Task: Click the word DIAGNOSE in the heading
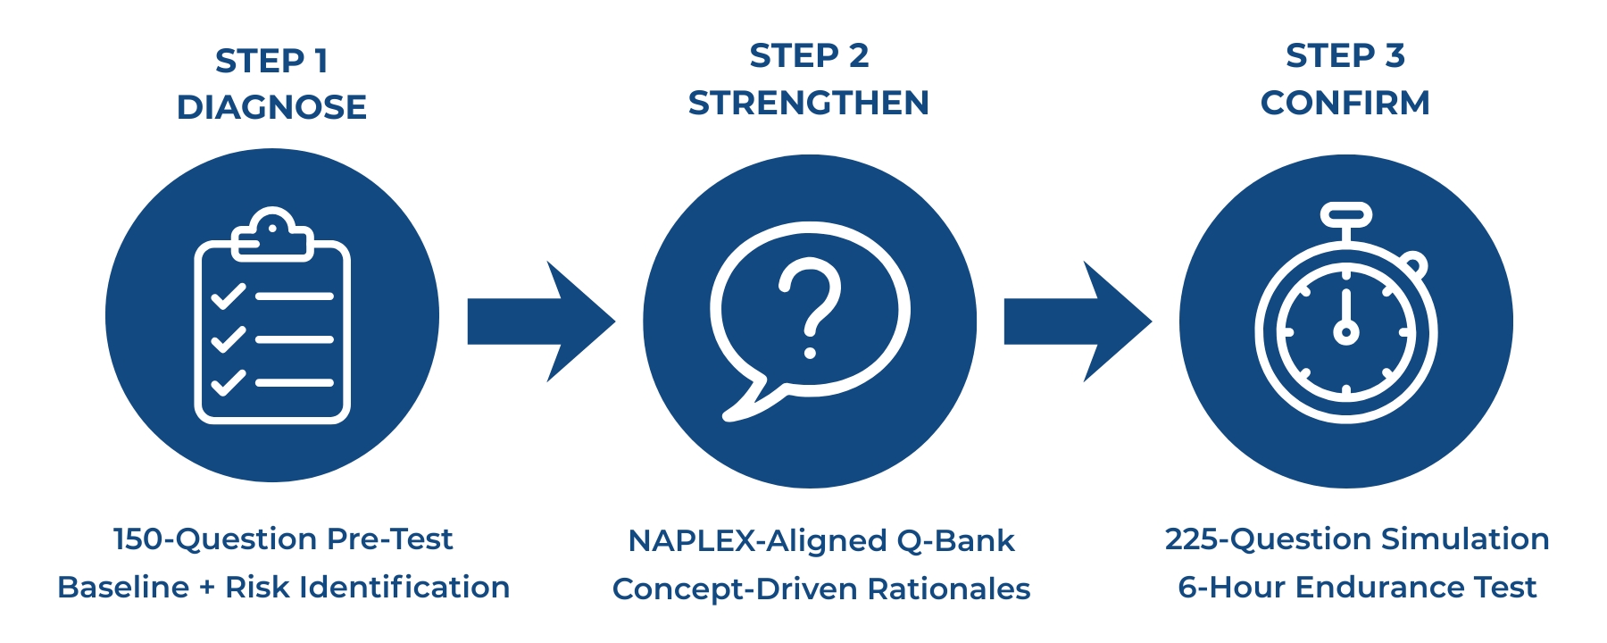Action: tap(271, 107)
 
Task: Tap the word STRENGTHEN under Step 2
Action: tap(809, 103)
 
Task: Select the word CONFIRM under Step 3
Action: tap(1345, 103)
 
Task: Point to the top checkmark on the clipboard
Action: tap(228, 296)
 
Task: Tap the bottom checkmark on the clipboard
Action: tap(228, 382)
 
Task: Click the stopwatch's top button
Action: tap(1345, 215)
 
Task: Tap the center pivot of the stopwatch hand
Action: tap(1345, 332)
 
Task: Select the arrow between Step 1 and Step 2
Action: tap(540, 321)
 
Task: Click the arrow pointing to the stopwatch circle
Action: tap(1077, 321)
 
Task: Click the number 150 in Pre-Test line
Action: tap(137, 539)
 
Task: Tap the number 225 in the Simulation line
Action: tap(1192, 539)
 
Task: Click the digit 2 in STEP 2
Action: tap(858, 55)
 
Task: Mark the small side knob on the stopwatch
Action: tap(1413, 265)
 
